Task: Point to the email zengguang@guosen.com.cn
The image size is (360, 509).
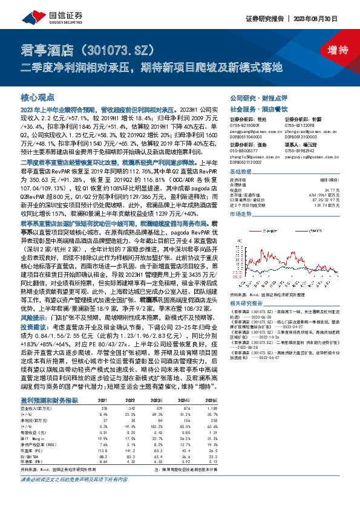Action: (252, 130)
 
